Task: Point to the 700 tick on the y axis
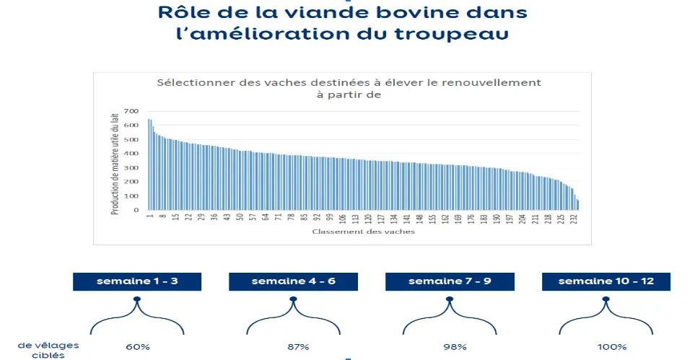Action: pyautogui.click(x=131, y=111)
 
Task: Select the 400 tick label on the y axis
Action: pyautogui.click(x=131, y=154)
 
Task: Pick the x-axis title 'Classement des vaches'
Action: pyautogui.click(x=363, y=232)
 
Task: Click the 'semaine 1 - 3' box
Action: pyautogui.click(x=137, y=281)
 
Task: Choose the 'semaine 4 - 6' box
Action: pyautogui.click(x=293, y=281)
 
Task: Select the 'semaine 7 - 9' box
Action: pyautogui.click(x=450, y=281)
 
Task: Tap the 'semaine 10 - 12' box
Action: pyautogui.click(x=606, y=281)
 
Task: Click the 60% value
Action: pyautogui.click(x=137, y=347)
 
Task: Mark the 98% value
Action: pyautogui.click(x=450, y=347)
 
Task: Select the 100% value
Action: pyautogui.click(x=606, y=347)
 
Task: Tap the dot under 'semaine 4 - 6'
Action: pyautogui.click(x=293, y=299)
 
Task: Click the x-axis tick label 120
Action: pyautogui.click(x=368, y=218)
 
